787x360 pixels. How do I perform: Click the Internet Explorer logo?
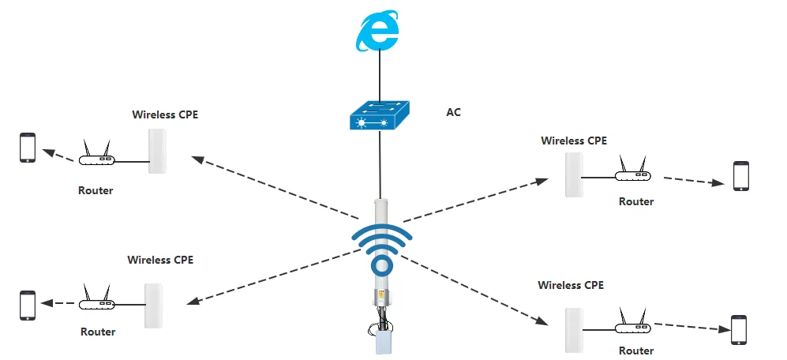coord(377,32)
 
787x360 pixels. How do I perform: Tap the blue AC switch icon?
coord(380,117)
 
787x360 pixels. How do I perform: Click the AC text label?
coord(453,112)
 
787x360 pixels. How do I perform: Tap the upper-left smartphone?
coord(28,148)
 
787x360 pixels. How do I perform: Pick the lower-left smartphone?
coord(28,305)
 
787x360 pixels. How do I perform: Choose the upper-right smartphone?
coord(740,177)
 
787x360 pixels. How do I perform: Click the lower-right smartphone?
coord(739,329)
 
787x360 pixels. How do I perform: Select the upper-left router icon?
coord(97,157)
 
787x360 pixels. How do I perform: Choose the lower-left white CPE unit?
coord(153,306)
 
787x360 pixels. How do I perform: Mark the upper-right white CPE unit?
coord(575,174)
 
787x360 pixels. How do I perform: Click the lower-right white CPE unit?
coord(575,330)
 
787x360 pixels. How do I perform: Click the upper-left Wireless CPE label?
coord(165,114)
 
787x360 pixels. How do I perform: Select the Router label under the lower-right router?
coord(636,351)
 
